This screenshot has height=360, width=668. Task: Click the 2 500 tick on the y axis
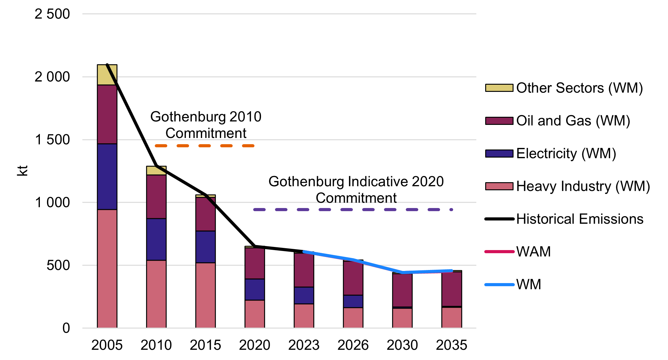pyautogui.click(x=52, y=14)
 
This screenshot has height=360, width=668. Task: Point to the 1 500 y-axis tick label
pyautogui.click(x=52, y=140)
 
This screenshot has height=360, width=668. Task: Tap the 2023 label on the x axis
pyautogui.click(x=304, y=345)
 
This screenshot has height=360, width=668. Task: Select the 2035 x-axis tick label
pyautogui.click(x=452, y=345)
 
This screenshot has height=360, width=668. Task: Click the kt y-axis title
pyautogui.click(x=22, y=171)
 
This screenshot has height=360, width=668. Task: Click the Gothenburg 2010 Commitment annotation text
pyautogui.click(x=206, y=125)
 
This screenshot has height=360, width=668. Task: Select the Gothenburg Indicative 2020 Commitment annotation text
pyautogui.click(x=356, y=189)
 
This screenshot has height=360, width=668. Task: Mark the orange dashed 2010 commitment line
pyautogui.click(x=205, y=146)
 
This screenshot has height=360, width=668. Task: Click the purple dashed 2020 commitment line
pyautogui.click(x=353, y=210)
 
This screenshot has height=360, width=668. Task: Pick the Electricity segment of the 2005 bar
pyautogui.click(x=107, y=177)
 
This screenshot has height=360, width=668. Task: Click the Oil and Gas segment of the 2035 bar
pyautogui.click(x=452, y=289)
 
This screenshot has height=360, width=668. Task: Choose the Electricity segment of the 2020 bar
pyautogui.click(x=254, y=289)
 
